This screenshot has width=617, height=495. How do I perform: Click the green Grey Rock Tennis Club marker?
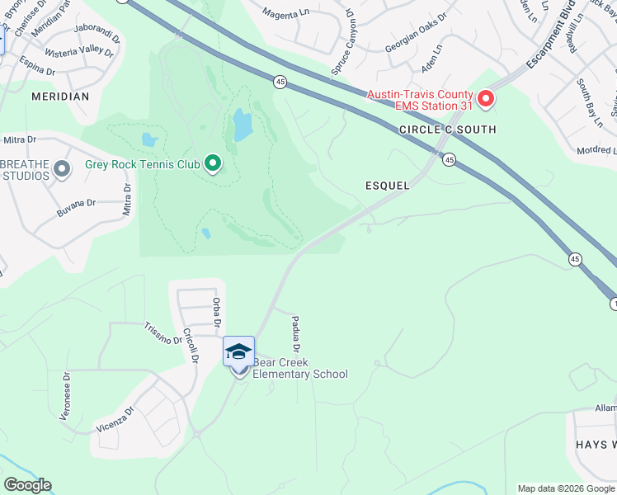point(214,164)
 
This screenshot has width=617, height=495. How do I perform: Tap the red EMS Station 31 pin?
point(486,100)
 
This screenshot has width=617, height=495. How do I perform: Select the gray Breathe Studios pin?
point(61,170)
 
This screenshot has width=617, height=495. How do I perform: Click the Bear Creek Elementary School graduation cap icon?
point(239,352)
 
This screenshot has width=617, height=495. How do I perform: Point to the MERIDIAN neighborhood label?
point(60,97)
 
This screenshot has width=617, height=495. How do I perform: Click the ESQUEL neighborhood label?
point(388,186)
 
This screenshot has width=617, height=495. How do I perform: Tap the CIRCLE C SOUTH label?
point(447,130)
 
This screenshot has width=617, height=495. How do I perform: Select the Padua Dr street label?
point(295,335)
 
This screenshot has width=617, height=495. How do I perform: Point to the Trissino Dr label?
point(163,333)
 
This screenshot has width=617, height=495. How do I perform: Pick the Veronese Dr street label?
point(66,396)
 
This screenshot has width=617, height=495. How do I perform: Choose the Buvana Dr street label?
point(77,207)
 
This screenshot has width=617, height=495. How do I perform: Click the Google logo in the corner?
point(27,485)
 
